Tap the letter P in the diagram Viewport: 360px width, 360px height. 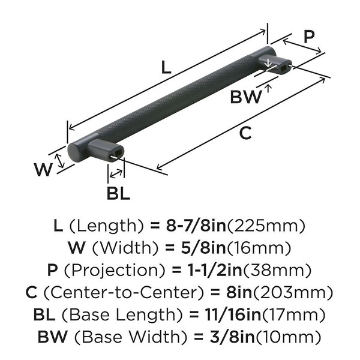(x=308, y=36)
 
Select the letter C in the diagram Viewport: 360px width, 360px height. (x=245, y=134)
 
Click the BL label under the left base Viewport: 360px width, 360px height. (x=118, y=193)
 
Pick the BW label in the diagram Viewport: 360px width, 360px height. (x=246, y=97)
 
